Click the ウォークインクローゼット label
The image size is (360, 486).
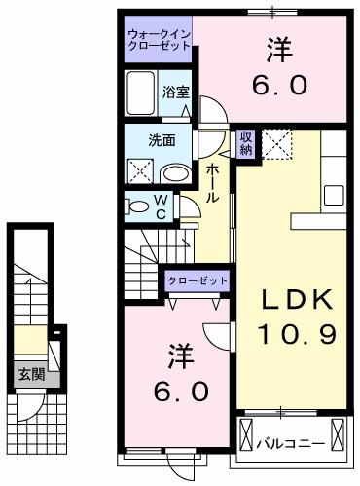pos(159,41)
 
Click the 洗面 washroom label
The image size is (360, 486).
pos(162,139)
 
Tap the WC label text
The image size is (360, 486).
pos(162,206)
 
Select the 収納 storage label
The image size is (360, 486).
pos(246,143)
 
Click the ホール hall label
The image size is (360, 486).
pos(211,182)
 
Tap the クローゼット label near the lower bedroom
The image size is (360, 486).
pos(198,280)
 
